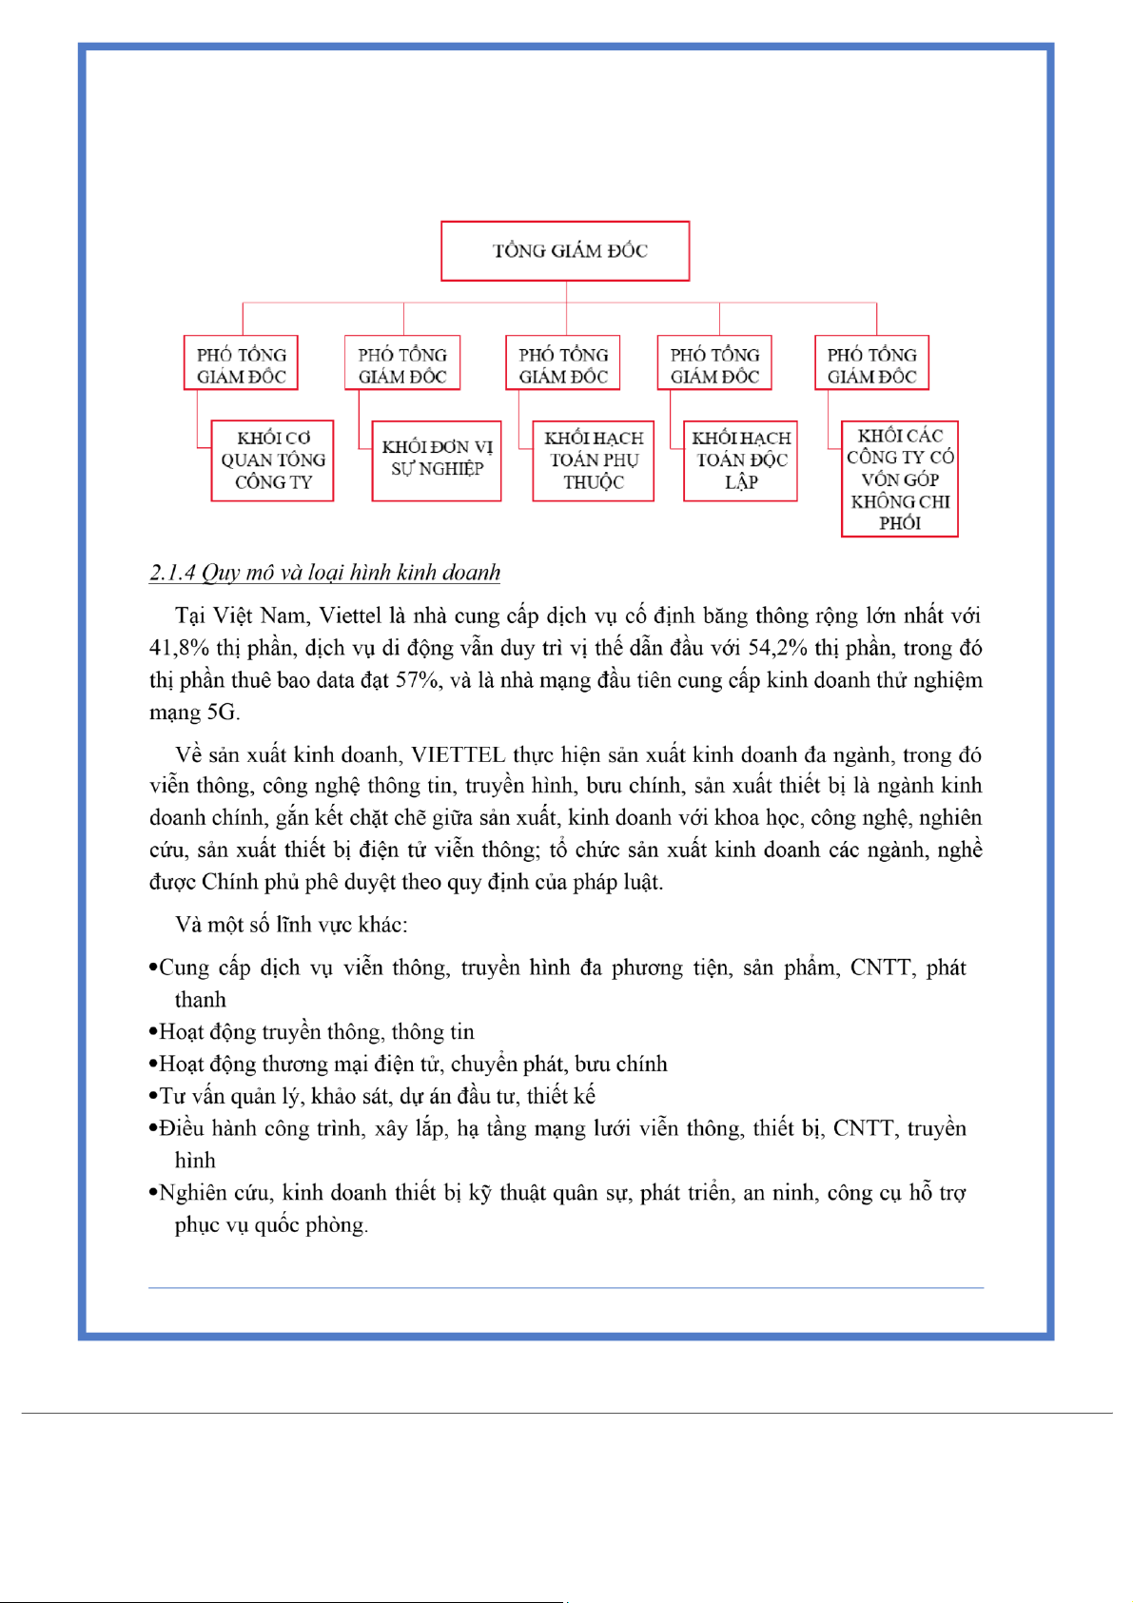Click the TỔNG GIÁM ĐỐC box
click(565, 251)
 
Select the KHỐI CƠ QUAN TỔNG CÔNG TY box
click(273, 460)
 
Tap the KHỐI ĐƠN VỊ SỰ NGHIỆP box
click(437, 460)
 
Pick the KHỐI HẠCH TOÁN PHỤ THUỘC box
click(594, 460)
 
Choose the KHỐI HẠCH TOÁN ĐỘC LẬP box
click(741, 460)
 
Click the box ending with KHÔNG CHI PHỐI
click(900, 479)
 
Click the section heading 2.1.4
click(324, 573)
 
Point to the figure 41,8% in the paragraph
click(180, 649)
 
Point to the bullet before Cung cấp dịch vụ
click(153, 968)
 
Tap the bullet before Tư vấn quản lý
click(153, 1097)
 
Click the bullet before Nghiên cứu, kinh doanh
click(153, 1194)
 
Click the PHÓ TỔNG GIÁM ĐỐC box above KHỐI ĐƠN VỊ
click(402, 363)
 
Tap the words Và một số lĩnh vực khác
click(291, 926)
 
